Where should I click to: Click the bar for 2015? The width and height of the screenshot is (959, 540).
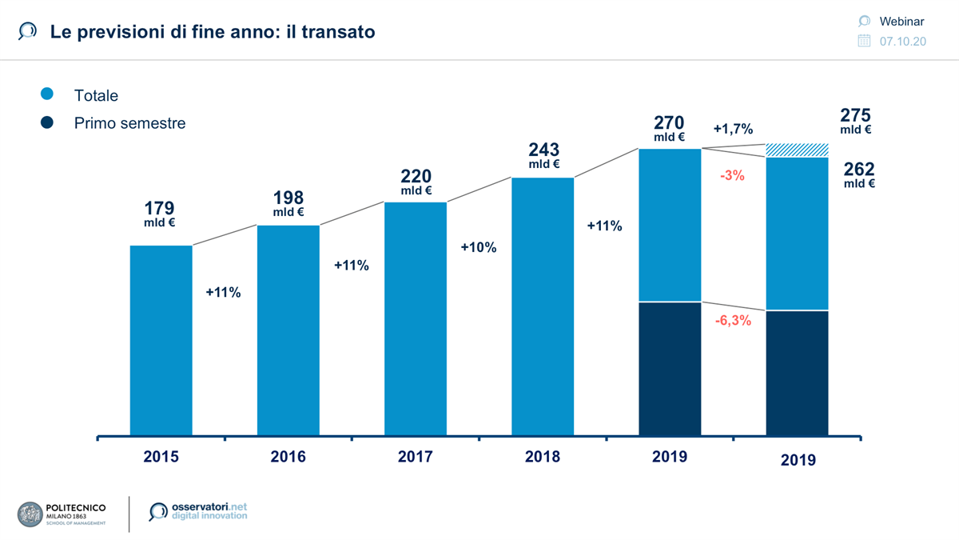(161, 340)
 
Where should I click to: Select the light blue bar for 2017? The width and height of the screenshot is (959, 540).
(415, 318)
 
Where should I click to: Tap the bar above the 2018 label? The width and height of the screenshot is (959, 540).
(543, 306)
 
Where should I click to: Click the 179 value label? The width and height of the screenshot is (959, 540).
(160, 209)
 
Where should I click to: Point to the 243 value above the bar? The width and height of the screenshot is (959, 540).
(543, 150)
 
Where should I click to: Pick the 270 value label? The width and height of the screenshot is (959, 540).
(670, 123)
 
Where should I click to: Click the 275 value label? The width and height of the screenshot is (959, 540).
(855, 115)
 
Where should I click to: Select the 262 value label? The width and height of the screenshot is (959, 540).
(859, 170)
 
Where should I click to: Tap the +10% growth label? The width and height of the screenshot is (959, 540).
(479, 248)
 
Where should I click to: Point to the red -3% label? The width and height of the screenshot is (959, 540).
(731, 175)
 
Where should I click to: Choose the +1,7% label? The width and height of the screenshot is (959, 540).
(733, 128)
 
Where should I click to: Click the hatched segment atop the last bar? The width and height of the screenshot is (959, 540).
(797, 150)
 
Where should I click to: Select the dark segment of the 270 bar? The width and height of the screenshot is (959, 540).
(670, 369)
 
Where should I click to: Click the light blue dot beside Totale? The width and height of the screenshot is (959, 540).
(47, 94)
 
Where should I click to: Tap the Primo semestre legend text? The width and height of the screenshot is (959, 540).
(129, 123)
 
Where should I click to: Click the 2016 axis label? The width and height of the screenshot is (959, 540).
(288, 458)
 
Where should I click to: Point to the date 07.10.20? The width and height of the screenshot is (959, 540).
(902, 42)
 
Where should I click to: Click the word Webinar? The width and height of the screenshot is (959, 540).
(901, 22)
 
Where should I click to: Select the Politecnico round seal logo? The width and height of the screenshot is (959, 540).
(30, 514)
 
